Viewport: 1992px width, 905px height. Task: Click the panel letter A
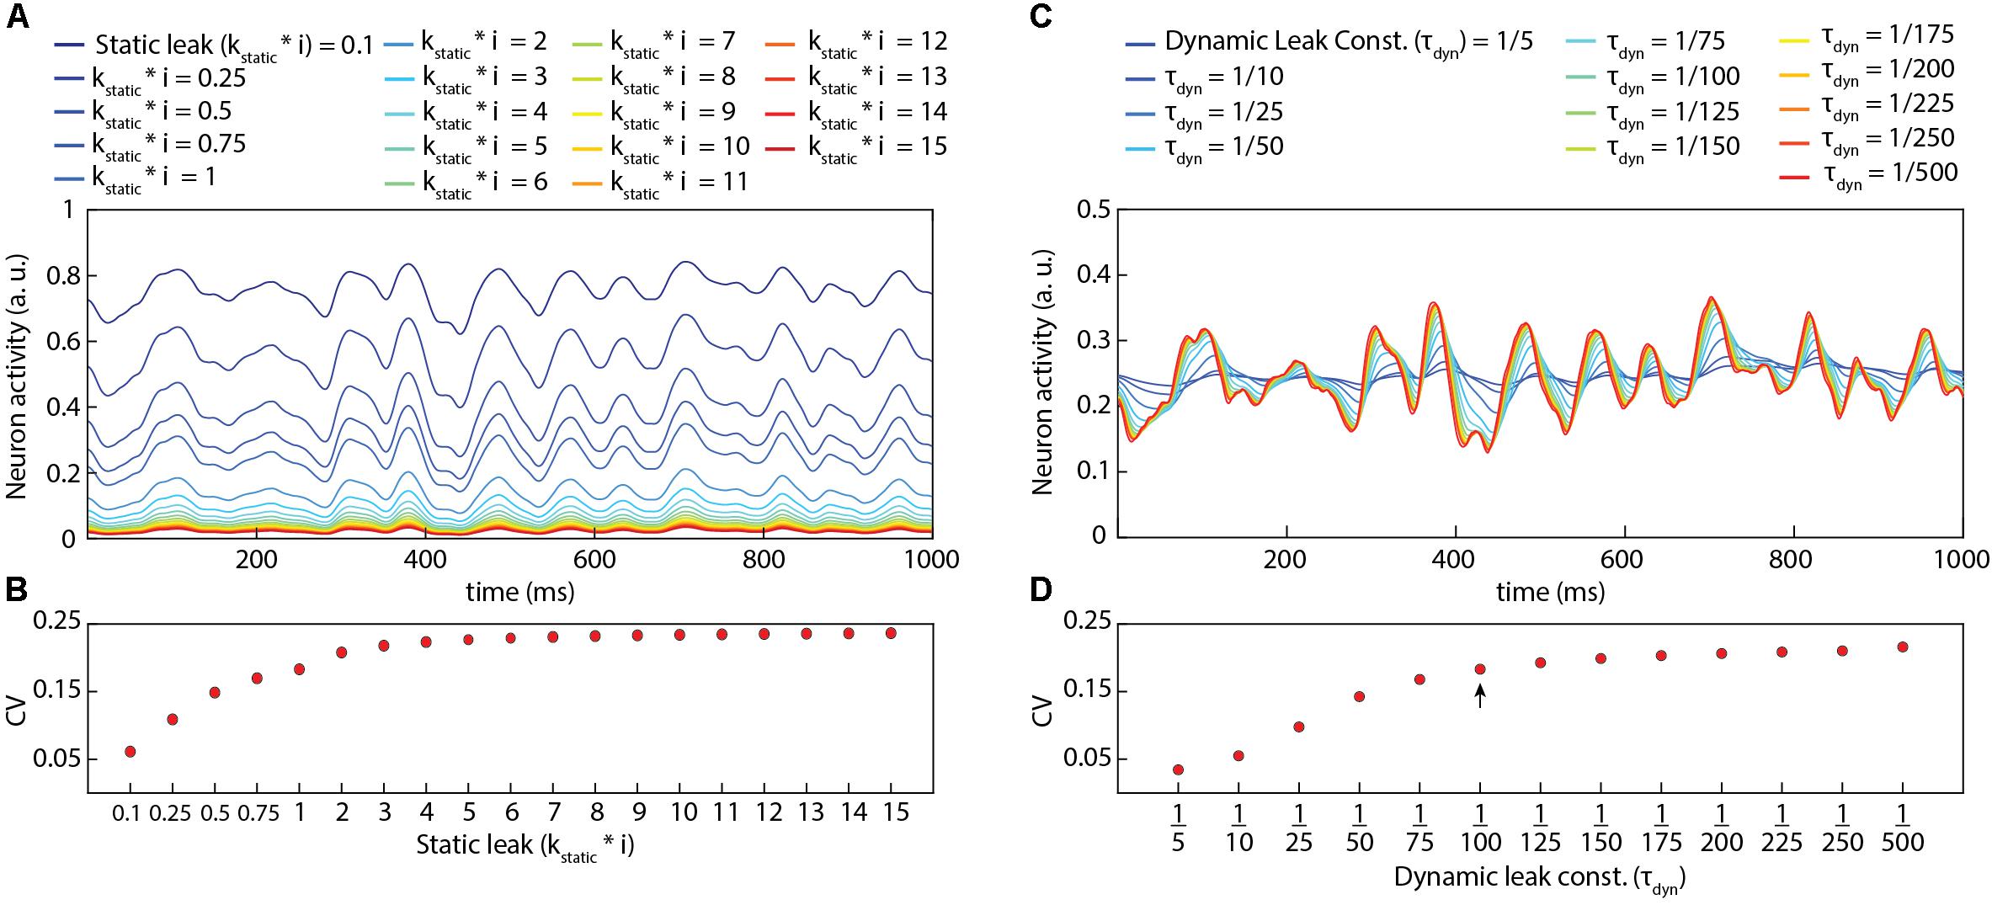click(18, 17)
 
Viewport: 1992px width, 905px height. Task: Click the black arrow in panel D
click(1480, 695)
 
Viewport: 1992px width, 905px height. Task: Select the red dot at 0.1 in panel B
click(130, 751)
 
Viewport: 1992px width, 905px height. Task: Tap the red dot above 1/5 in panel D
click(1178, 769)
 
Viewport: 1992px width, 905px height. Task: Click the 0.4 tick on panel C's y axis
click(1092, 275)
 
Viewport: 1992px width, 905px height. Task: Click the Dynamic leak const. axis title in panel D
click(1540, 878)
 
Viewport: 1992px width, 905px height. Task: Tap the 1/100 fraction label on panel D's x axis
click(1480, 828)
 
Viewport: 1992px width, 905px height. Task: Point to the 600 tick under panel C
click(1624, 560)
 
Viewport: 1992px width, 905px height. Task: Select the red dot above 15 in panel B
click(891, 632)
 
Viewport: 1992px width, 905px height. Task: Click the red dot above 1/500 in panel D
click(1902, 647)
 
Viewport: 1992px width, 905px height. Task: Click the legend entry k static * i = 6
click(485, 182)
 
